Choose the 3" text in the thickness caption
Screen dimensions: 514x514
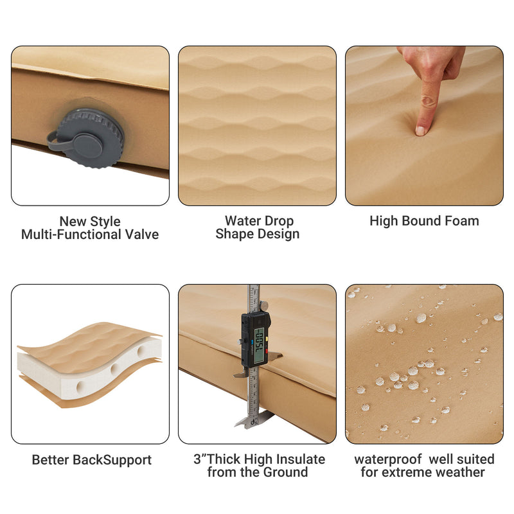coord(200,459)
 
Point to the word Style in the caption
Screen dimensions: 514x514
coord(105,221)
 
